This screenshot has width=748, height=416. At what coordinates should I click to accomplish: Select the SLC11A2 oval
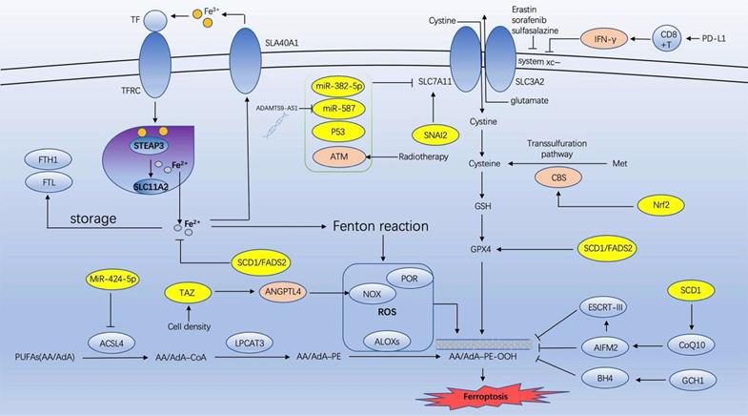point(151,186)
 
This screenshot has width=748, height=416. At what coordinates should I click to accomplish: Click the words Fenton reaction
point(380,226)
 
